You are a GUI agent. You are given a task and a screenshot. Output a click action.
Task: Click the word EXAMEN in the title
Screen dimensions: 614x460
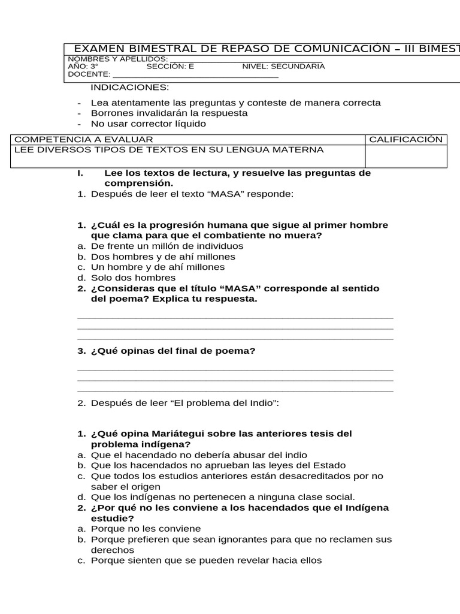(x=98, y=49)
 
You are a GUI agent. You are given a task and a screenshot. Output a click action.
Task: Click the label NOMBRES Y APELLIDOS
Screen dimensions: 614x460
(x=117, y=59)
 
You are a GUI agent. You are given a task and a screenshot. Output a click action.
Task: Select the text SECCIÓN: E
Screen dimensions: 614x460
(x=170, y=67)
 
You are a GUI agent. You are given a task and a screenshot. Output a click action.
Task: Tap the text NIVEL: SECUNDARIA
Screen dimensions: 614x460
(x=283, y=67)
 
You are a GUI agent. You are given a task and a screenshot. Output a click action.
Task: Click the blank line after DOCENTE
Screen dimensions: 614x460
(x=195, y=75)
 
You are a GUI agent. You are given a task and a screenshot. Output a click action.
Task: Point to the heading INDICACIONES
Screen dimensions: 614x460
(x=130, y=88)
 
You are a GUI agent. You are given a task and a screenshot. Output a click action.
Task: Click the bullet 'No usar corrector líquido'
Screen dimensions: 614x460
(x=148, y=124)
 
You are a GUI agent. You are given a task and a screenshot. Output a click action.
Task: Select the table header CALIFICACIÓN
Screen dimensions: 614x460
(x=405, y=140)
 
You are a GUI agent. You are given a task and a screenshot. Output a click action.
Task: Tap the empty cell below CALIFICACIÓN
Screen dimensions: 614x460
(x=405, y=156)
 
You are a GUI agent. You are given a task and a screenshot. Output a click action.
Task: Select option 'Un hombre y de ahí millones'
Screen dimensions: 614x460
(x=158, y=267)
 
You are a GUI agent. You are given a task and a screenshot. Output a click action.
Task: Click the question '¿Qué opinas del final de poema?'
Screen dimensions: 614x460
(x=173, y=351)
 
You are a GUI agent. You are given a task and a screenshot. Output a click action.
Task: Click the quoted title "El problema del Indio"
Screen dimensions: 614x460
(x=225, y=403)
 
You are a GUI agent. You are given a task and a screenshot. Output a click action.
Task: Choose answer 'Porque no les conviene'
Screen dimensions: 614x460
(x=146, y=529)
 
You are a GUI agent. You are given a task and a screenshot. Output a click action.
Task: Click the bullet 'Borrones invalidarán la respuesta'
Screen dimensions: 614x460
(x=169, y=113)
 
